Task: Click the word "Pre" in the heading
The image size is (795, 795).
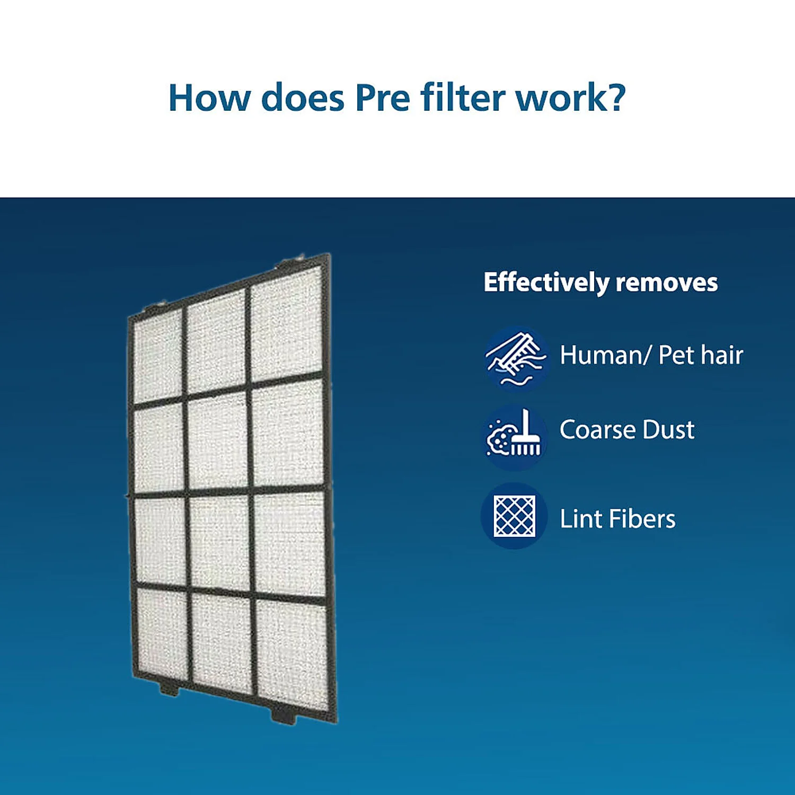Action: tap(382, 98)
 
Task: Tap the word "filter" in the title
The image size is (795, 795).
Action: tap(463, 98)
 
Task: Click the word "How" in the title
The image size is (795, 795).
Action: tap(208, 98)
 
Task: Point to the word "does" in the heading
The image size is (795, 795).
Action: tap(303, 98)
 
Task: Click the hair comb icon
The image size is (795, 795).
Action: tap(515, 356)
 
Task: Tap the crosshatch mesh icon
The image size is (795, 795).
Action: tap(514, 516)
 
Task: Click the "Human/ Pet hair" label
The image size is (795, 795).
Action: tap(651, 355)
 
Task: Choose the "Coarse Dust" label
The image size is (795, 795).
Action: tap(626, 430)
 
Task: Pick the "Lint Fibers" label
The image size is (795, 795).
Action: tap(617, 519)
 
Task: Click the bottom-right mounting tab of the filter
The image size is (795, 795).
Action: tap(284, 717)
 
